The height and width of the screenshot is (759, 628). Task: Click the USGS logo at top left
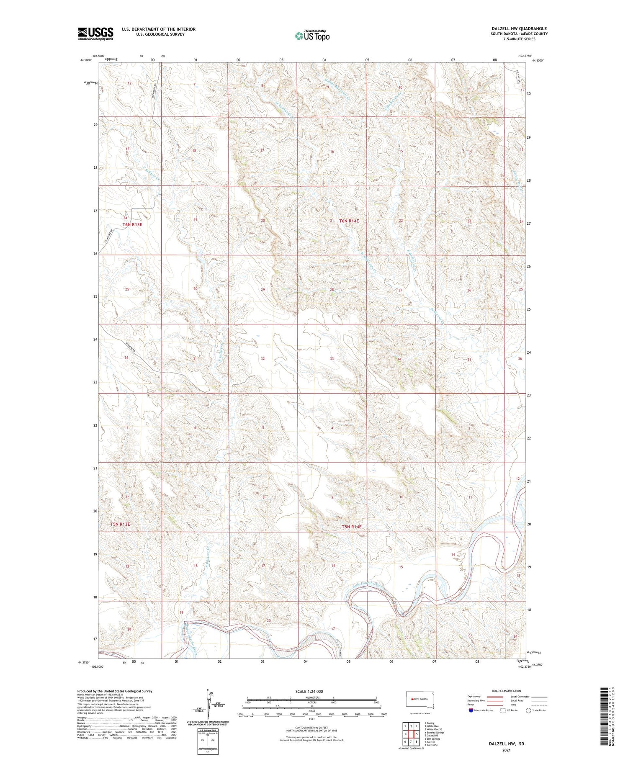[95, 33]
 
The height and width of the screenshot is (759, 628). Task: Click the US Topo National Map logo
[312, 36]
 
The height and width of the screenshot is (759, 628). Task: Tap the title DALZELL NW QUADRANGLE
[519, 28]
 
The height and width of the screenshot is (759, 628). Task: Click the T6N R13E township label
[132, 224]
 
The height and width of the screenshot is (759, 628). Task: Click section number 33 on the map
[332, 359]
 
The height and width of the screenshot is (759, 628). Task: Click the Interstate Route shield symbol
[471, 710]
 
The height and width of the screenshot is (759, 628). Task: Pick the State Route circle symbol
[528, 710]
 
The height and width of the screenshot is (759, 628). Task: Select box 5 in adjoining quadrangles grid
[417, 734]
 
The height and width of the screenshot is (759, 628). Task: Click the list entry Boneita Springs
[435, 733]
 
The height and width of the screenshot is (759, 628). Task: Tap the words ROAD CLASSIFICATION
[507, 691]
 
